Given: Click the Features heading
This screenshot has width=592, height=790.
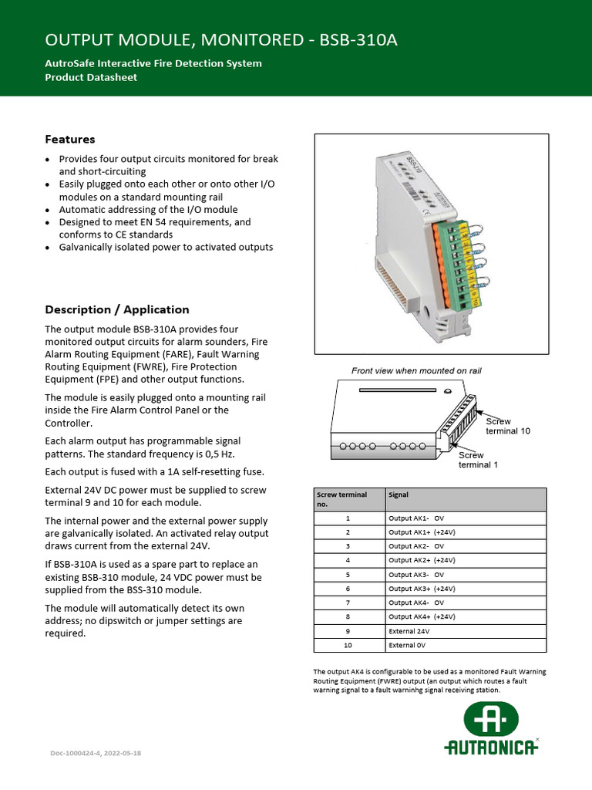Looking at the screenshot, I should pos(70,140).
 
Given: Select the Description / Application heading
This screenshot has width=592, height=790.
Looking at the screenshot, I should pos(116,309).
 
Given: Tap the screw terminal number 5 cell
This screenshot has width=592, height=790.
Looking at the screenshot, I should pos(348,575).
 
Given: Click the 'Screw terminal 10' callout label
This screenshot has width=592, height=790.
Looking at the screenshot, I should pos(507,426).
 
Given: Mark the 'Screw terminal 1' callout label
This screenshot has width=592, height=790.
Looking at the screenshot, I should pos(478,460).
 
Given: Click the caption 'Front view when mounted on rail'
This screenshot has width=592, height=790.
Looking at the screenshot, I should pos(416,371).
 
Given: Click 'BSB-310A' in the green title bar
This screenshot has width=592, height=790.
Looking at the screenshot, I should pos(359,40).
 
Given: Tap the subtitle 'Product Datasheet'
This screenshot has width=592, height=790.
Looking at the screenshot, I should pos(91,77).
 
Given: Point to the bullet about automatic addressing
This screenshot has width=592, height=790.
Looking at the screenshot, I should pos(148,210).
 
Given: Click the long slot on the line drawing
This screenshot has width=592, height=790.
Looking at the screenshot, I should pos(402,391).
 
